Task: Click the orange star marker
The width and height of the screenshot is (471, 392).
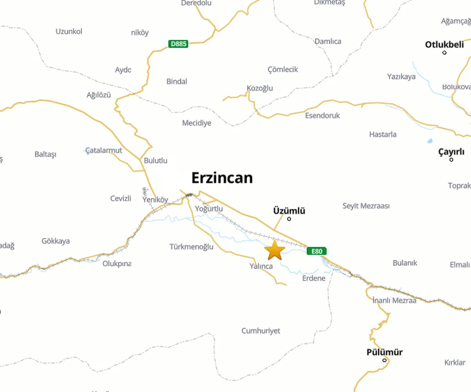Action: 275,251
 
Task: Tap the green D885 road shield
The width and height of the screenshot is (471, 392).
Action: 178,44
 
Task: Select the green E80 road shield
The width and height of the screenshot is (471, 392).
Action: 316,251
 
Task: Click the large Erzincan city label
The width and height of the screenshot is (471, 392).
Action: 222,178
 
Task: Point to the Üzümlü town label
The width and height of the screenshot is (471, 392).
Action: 289,211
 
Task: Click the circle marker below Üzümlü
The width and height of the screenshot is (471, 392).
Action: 289,219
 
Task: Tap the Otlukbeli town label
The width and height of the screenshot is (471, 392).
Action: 444,45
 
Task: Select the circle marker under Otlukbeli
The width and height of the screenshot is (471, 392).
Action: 445,53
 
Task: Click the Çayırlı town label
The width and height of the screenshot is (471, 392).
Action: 451,152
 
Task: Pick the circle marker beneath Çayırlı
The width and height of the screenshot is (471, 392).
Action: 451,160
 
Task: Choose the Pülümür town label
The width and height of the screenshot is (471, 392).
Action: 385,352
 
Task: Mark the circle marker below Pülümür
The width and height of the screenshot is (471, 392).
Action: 385,360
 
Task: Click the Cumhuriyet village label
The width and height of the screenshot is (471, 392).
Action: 261,331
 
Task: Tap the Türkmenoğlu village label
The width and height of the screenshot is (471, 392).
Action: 191,246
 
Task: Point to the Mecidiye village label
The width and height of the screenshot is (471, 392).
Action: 196,123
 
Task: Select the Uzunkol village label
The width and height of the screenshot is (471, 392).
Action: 69,31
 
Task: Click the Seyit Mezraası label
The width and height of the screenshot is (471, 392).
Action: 366,206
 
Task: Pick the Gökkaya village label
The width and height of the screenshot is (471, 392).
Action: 56,241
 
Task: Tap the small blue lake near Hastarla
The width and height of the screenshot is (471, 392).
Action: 430,141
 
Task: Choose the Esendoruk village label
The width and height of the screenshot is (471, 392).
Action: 322,116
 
